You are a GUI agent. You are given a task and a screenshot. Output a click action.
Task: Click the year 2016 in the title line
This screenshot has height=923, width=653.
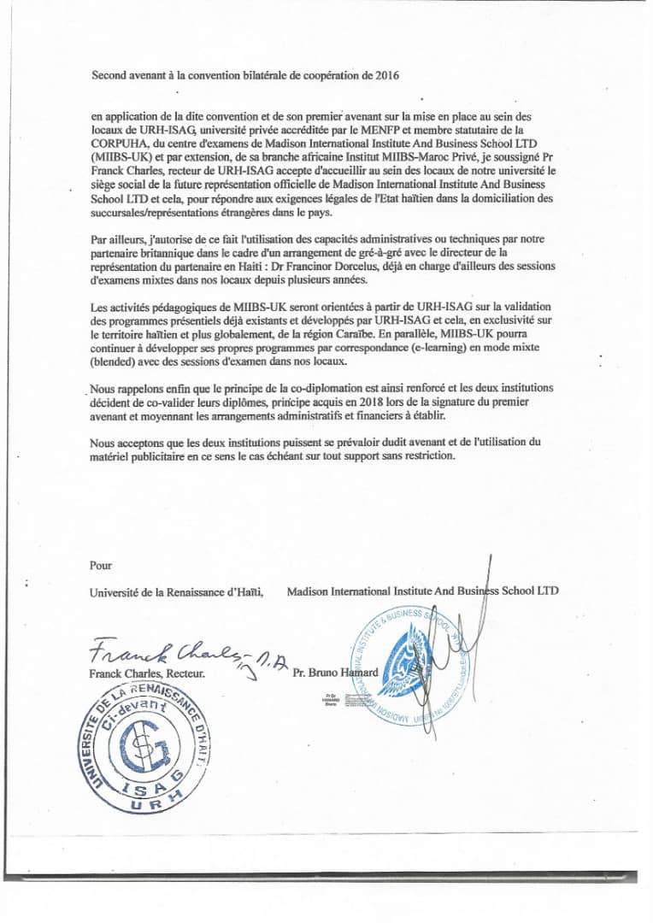pos(387,75)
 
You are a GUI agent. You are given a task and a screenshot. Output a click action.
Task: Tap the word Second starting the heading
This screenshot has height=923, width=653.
pos(109,75)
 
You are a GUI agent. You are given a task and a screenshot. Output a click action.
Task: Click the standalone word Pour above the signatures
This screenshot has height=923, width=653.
pos(101,565)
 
